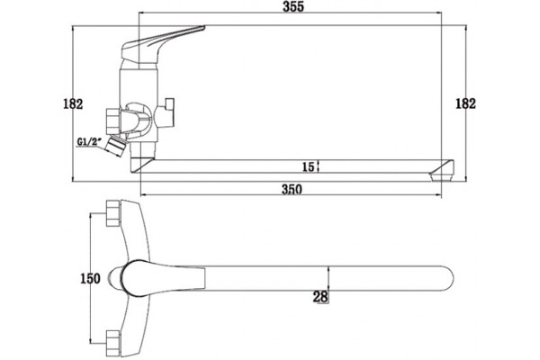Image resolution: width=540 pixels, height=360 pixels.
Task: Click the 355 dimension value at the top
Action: tap(293, 7)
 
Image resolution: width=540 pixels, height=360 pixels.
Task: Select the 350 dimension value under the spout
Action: tap(292, 189)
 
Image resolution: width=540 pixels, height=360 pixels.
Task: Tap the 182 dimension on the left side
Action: tap(73, 103)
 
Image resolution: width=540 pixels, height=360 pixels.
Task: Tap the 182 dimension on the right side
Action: tap(465, 103)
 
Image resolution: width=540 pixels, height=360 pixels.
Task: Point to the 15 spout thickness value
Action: tap(308, 167)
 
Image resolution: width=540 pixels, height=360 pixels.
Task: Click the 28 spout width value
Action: tap(320, 297)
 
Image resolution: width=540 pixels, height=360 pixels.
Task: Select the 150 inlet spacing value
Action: tap(90, 278)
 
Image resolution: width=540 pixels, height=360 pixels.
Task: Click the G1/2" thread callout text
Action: tap(89, 141)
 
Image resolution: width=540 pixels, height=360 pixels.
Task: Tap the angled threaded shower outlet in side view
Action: tap(116, 146)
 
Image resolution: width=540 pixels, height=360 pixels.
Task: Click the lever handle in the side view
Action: tap(162, 43)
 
